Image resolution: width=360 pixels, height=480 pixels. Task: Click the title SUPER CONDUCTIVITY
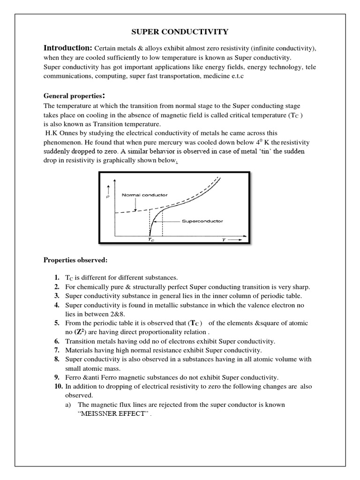[179, 32]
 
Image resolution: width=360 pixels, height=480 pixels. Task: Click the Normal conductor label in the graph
[139, 195]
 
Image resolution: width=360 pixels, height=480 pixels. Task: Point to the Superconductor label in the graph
[202, 221]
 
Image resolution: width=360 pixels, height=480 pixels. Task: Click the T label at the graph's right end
[224, 239]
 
